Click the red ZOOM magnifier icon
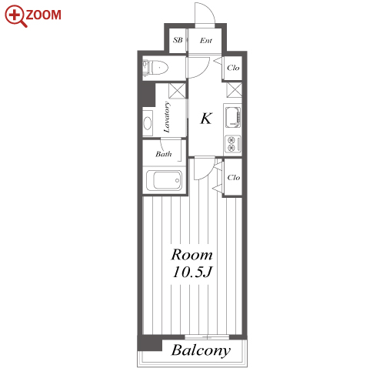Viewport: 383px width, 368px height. tap(16, 16)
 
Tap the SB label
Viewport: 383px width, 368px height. tap(178, 40)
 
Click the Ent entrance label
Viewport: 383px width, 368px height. tap(206, 41)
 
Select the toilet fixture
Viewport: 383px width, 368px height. tap(155, 68)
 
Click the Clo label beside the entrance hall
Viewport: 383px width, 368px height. tap(233, 68)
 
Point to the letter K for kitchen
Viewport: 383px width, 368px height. tap(206, 119)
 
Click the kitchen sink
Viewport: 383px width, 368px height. tap(233, 117)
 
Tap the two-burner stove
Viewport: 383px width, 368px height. tap(233, 144)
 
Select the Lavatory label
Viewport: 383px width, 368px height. tap(167, 117)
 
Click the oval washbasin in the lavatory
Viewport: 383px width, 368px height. tap(148, 123)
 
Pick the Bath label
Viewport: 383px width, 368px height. tap(164, 154)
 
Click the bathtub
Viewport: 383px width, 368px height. tap(164, 180)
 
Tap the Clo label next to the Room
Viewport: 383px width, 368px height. tap(234, 177)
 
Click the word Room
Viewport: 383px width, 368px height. tap(192, 255)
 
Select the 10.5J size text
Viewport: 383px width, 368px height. tap(192, 272)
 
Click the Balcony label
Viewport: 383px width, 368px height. tap(201, 350)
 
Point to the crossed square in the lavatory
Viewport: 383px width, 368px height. tap(177, 91)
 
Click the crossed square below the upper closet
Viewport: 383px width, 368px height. tap(235, 90)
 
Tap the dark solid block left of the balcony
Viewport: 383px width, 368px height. tap(150, 343)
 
